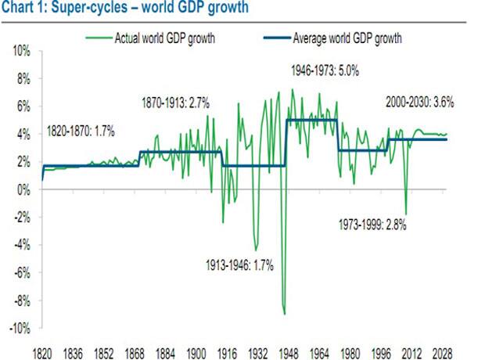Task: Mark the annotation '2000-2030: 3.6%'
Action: (420, 103)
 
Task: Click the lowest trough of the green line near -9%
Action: (285, 314)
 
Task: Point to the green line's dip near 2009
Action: (406, 214)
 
